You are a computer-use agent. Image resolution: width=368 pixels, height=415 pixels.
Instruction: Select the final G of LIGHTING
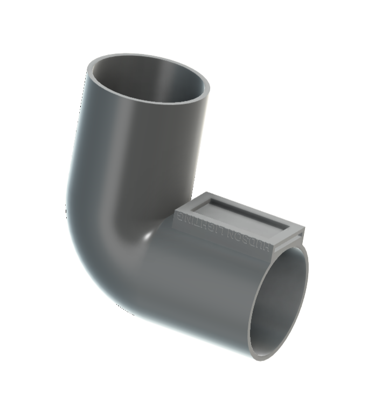tap(181, 216)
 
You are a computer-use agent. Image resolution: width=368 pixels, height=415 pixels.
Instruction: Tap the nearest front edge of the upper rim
tap(145, 103)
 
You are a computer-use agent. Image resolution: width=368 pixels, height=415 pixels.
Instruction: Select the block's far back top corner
tap(210, 192)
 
